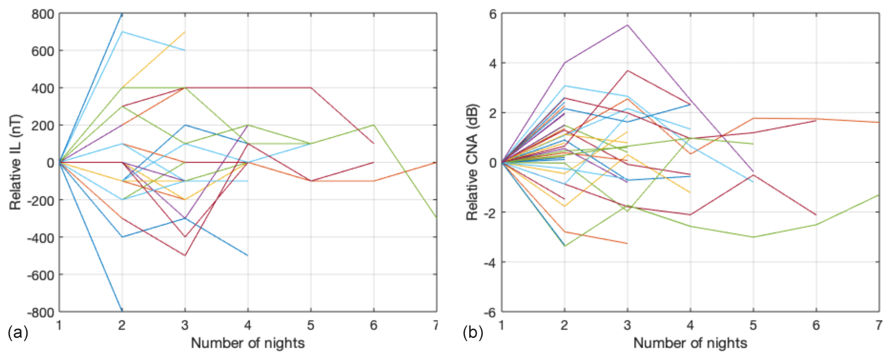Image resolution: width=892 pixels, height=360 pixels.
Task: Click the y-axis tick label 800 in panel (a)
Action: (43, 14)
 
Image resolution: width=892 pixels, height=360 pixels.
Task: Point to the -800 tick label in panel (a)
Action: (40, 312)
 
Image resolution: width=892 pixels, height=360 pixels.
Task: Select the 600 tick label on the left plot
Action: (43, 51)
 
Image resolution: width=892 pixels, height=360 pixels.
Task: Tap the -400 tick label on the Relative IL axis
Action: (40, 238)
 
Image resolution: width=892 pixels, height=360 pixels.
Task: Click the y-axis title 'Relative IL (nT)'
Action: (16, 162)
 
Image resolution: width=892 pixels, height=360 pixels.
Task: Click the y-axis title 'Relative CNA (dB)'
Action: (472, 162)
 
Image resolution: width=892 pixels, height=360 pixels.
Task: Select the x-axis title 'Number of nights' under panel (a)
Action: (247, 343)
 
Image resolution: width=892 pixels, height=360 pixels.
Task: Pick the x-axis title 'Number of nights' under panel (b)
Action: (690, 343)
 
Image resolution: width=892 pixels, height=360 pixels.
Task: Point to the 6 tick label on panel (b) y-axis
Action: (493, 14)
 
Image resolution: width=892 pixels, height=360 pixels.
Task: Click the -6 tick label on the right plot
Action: (490, 312)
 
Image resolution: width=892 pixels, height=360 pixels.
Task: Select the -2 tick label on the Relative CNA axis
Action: (490, 213)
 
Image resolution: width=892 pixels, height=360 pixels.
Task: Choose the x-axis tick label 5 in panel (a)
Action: (311, 326)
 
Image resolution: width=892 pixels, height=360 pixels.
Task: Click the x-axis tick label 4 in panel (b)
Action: (690, 326)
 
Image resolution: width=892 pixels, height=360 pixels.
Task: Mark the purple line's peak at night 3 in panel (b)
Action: (627, 25)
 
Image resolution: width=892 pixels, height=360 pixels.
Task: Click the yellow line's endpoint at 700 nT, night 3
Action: (185, 32)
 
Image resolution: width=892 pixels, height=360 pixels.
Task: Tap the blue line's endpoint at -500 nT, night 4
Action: (248, 255)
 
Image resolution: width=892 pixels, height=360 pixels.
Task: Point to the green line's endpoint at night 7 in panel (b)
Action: (879, 195)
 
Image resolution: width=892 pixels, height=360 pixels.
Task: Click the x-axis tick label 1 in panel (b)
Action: (501, 326)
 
